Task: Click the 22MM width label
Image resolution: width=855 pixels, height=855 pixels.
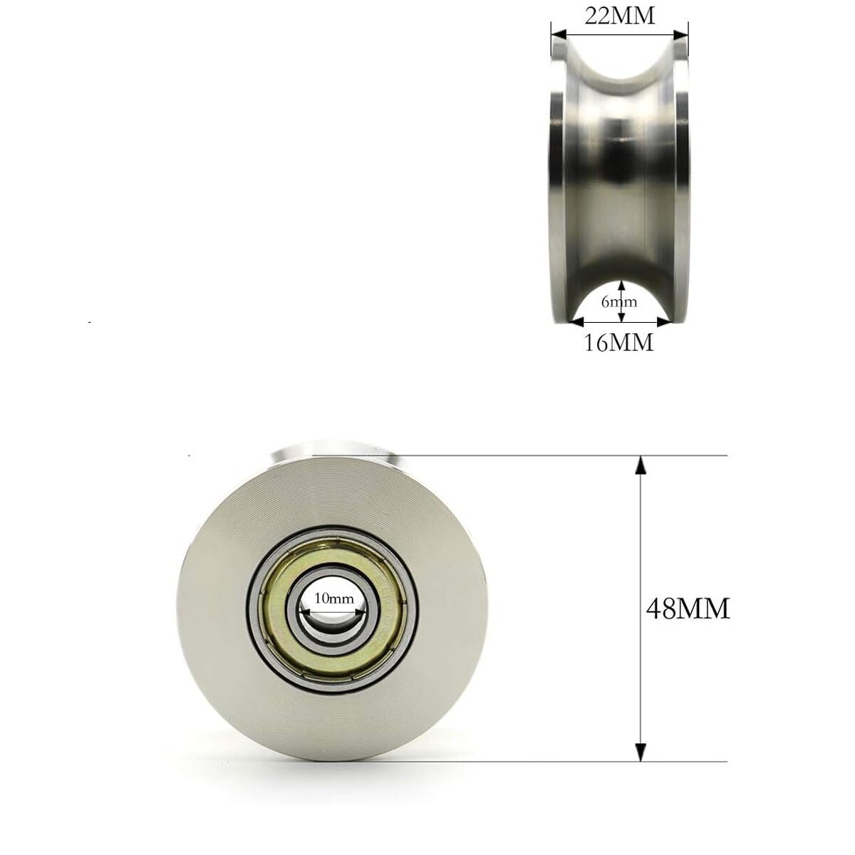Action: [x=619, y=15]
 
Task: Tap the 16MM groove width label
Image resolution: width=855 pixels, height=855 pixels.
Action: [x=618, y=343]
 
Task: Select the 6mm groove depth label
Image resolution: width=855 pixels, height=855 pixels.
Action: [x=619, y=301]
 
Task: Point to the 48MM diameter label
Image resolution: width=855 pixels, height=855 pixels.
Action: [x=688, y=609]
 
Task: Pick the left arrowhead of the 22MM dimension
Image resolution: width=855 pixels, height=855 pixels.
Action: [x=558, y=33]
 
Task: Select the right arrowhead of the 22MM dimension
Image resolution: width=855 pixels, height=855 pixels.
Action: [x=682, y=33]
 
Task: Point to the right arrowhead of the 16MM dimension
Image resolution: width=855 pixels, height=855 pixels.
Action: [x=664, y=322]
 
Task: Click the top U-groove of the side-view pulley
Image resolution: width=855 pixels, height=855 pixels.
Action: [x=619, y=68]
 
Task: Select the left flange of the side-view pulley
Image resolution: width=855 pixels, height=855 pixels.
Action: [x=556, y=178]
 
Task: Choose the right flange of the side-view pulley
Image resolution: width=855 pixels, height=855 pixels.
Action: [x=683, y=178]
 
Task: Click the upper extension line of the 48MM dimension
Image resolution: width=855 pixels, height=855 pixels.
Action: [x=570, y=455]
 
